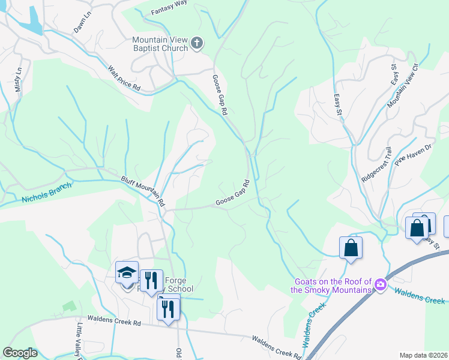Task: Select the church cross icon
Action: [197, 43]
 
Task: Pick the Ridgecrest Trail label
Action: [377, 166]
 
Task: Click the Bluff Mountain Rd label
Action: [142, 190]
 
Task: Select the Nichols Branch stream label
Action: [46, 193]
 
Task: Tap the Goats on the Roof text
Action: [332, 286]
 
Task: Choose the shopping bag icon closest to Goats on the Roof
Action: [351, 248]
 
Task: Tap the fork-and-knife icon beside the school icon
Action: [151, 280]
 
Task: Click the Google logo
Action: [20, 353]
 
